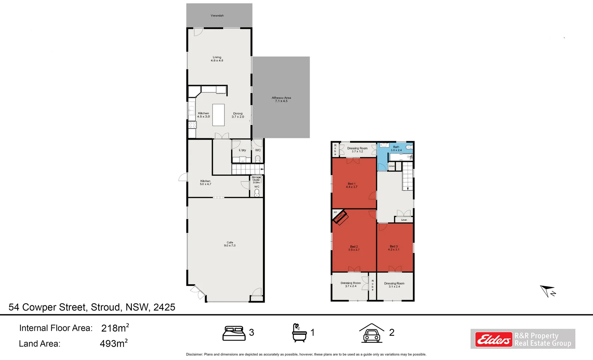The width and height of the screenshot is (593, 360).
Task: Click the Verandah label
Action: [x=217, y=16]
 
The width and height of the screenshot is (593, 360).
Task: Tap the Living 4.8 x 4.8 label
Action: [x=217, y=59]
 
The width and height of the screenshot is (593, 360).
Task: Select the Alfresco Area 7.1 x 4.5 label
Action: [x=281, y=99]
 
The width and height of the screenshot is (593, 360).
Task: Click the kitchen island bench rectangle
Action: [x=218, y=115]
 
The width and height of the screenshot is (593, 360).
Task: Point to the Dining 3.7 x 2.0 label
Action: [x=238, y=115]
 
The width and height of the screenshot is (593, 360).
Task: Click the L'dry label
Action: [x=242, y=150]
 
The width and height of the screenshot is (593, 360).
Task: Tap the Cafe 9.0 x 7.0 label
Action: [x=230, y=244]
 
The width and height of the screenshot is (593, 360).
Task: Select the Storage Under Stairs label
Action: [x=256, y=180]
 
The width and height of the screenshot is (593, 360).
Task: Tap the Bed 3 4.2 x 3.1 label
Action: [x=393, y=248]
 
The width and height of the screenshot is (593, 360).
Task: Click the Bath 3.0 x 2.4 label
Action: [x=396, y=149]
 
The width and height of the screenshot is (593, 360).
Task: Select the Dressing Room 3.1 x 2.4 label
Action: [x=394, y=285]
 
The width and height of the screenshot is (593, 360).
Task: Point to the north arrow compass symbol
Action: [x=548, y=291]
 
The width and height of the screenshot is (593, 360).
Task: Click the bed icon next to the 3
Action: [x=234, y=333]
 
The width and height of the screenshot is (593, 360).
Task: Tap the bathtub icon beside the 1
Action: [x=299, y=333]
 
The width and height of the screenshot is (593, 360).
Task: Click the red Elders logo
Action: [x=493, y=340]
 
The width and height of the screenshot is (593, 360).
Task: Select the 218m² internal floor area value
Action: [x=115, y=328]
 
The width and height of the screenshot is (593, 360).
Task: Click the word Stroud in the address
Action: [x=105, y=307]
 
